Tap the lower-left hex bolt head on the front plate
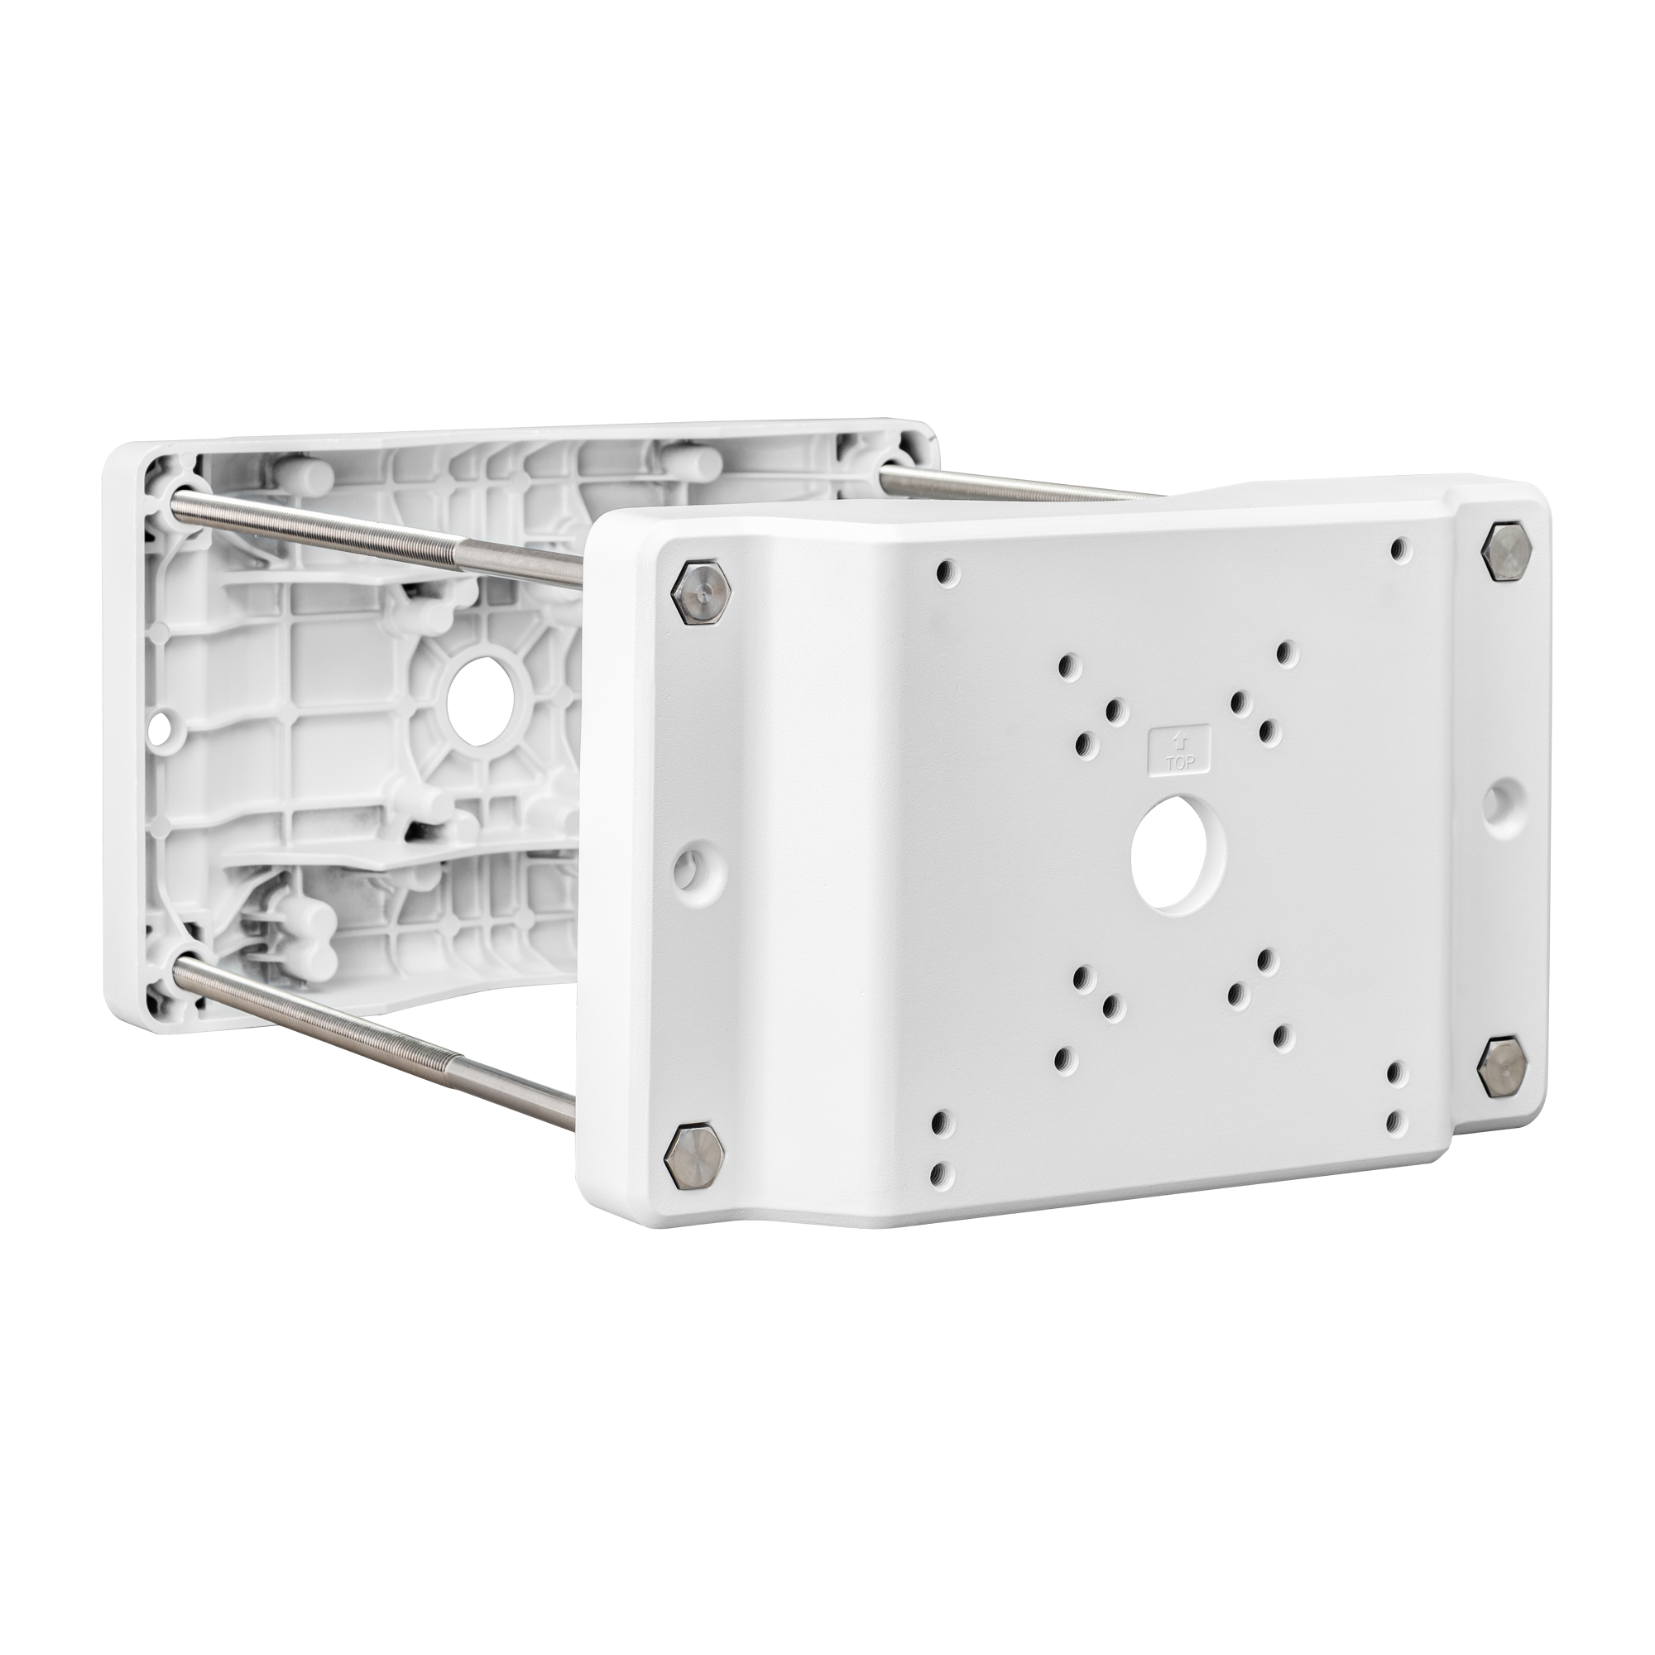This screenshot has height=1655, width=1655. pyautogui.click(x=694, y=1158)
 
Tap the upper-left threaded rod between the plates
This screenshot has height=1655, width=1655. pyautogui.click(x=377, y=535)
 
